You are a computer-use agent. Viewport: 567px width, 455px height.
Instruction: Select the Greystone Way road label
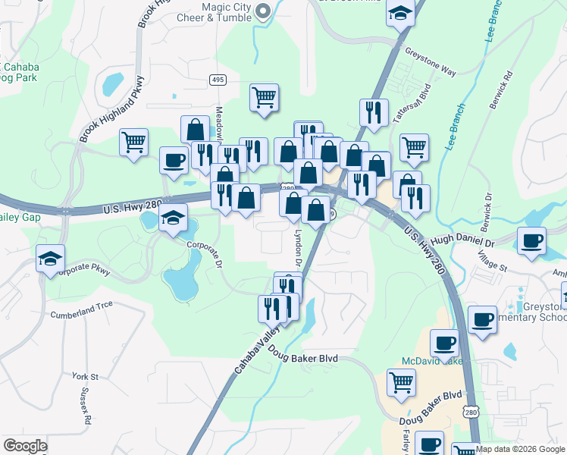click(430, 62)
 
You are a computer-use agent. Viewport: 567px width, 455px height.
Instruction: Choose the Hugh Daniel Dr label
click(463, 241)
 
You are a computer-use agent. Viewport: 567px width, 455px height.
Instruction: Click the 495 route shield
click(218, 80)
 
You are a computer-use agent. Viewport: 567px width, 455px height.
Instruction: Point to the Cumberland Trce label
click(81, 312)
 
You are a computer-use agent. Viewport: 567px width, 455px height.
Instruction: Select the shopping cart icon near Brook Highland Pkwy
click(133, 141)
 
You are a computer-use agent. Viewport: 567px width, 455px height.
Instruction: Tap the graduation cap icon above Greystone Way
click(399, 13)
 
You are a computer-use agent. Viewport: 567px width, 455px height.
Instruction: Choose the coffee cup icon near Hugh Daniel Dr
click(531, 241)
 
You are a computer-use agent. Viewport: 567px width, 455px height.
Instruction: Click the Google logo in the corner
click(25, 446)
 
